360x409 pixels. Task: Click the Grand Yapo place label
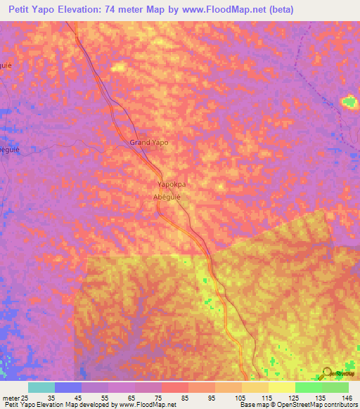(x=148, y=142)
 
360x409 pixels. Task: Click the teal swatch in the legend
(x=41, y=387)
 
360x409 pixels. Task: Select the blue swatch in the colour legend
(x=68, y=387)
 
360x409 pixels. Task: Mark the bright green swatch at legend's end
(x=335, y=387)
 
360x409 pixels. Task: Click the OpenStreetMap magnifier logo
(x=326, y=372)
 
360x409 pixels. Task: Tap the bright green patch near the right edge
(x=349, y=103)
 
